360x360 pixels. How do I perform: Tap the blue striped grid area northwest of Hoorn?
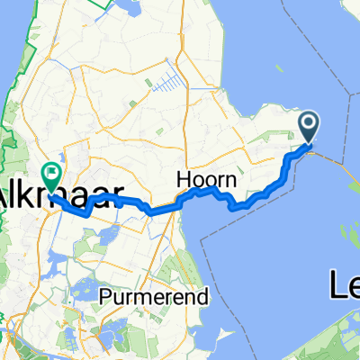click(165, 84)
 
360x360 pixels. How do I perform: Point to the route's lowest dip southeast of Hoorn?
click(236, 206)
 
